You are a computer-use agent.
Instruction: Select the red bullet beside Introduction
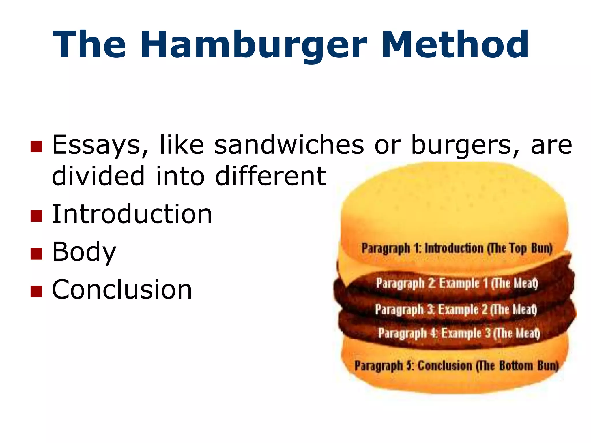tap(36, 215)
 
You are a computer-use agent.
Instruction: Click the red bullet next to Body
tap(36, 254)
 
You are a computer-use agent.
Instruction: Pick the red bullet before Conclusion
tap(36, 291)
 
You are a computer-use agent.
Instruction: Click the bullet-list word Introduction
tap(132, 214)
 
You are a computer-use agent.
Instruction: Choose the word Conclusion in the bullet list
tap(122, 290)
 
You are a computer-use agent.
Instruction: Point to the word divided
tap(98, 176)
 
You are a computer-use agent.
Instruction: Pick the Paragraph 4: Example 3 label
tap(459, 333)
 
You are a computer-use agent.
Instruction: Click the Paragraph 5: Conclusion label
tap(456, 366)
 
